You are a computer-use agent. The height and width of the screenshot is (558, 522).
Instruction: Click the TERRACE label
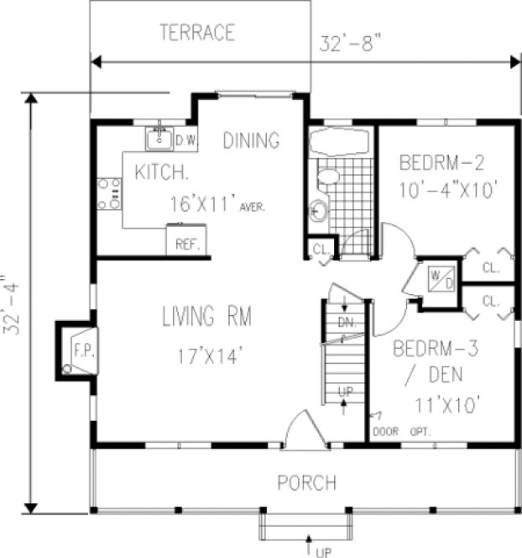tap(197, 34)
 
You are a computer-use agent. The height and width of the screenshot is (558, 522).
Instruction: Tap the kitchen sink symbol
tap(159, 137)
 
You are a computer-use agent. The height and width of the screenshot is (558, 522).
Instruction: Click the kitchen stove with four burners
tap(109, 193)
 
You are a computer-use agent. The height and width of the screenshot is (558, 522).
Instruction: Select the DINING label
tap(250, 141)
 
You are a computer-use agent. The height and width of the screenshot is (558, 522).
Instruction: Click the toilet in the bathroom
tap(327, 176)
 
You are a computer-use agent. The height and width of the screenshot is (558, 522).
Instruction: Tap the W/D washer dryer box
tap(441, 276)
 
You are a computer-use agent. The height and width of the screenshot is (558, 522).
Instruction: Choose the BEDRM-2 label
tap(442, 161)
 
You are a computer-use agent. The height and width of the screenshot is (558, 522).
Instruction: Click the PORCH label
tap(307, 483)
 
